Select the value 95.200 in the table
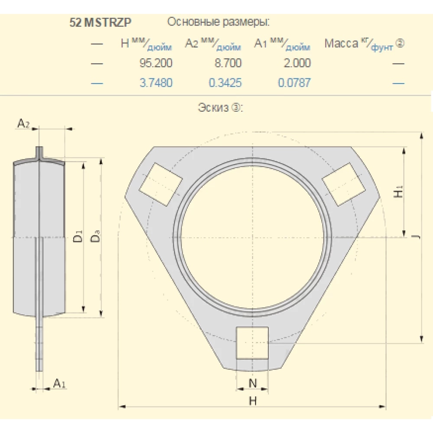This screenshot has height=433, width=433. (155, 63)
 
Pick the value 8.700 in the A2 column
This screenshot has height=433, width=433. (228, 63)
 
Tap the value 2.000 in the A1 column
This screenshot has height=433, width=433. (297, 63)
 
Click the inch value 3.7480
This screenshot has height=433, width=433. (155, 83)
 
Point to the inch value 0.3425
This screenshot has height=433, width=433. (225, 83)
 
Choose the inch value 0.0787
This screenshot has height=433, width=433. (294, 83)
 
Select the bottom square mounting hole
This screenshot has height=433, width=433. (252, 343)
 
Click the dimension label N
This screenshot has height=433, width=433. (252, 383)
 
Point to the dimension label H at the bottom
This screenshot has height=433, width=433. (252, 401)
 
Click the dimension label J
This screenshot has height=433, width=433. (415, 237)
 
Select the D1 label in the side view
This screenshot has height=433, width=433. (78, 237)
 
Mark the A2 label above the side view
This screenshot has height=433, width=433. (23, 124)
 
